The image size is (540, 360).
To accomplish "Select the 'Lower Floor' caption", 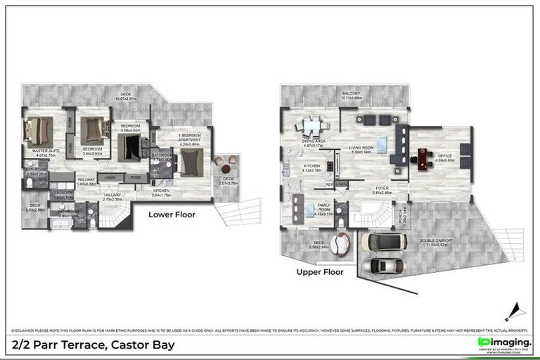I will coord(172,214).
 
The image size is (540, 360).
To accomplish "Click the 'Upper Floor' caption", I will coord(319,271).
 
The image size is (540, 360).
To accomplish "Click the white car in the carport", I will coord(383,241).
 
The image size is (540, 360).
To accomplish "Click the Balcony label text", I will coord(351,94).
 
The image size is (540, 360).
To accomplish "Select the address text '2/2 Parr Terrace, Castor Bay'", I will coord(94,345).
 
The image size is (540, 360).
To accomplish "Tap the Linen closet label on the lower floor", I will coord(110,178).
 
